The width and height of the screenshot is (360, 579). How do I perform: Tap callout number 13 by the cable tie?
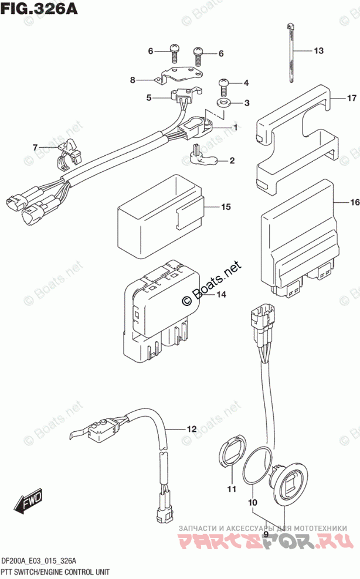(x=318, y=51)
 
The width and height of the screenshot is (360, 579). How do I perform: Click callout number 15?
(x=226, y=207)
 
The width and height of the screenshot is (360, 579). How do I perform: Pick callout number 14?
(x=220, y=295)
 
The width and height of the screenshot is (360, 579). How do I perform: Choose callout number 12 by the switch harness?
(x=191, y=430)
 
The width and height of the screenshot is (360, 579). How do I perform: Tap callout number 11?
(x=231, y=489)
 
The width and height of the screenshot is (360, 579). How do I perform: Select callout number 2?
(x=232, y=160)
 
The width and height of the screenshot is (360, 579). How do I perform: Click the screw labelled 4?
(x=225, y=87)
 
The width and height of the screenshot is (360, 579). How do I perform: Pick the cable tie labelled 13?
(x=292, y=56)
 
